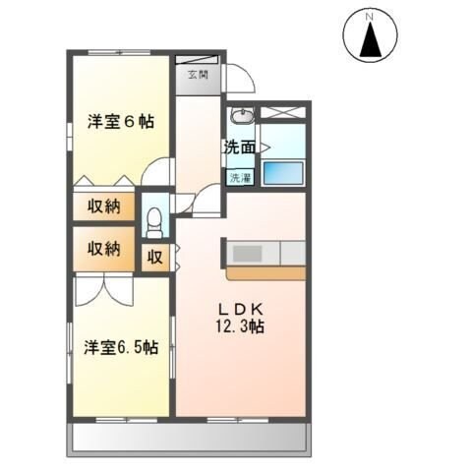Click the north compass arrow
372,40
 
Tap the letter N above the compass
371,16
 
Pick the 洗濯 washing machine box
240,178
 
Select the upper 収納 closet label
101,206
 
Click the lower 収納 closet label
101,248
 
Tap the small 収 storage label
155,257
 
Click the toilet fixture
153,222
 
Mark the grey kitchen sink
248,253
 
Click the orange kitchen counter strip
265,270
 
